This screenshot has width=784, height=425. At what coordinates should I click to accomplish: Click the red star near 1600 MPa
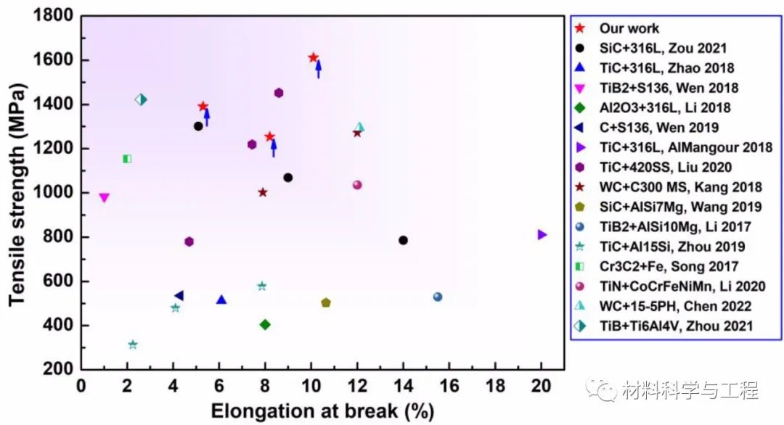tap(313, 57)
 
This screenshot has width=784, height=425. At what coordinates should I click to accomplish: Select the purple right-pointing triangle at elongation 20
tap(542, 234)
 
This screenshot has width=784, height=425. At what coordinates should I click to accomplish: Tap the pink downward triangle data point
tap(104, 197)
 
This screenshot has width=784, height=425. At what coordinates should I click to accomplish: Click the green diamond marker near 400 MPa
tap(265, 324)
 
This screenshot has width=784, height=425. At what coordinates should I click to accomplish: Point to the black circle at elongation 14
tap(403, 240)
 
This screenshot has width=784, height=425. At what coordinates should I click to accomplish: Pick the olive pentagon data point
tap(326, 302)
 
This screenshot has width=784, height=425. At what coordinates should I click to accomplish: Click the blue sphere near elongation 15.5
tap(438, 297)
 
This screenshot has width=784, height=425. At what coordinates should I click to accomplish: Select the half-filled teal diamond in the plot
tap(142, 99)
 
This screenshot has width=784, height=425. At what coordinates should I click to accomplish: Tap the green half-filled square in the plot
tap(127, 158)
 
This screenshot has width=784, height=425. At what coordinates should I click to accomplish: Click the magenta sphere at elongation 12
tap(357, 185)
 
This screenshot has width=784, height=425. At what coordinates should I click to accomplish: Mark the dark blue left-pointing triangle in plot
tap(179, 295)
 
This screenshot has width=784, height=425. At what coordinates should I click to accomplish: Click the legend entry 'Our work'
tap(629, 28)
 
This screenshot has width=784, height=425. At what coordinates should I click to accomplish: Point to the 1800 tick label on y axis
tap(55, 16)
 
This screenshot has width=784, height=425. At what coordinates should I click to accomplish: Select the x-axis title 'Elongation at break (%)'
tap(322, 410)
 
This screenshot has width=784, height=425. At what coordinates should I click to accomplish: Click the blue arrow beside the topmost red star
tap(318, 69)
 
